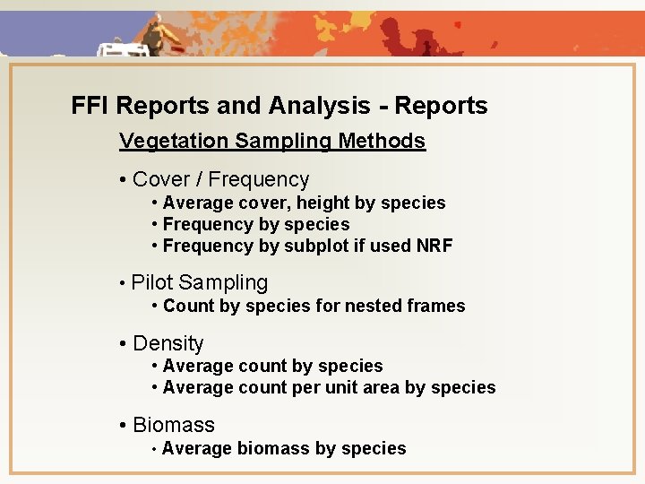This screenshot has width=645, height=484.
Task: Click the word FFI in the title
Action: [x=90, y=106]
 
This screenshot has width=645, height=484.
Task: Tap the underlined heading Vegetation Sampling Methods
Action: [x=272, y=141]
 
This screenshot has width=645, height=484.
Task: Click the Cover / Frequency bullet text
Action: [x=220, y=179]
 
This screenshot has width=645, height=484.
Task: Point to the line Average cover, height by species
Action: [x=304, y=203]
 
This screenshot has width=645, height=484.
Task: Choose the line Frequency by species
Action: [x=256, y=224]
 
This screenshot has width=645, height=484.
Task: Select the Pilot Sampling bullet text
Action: [x=199, y=283]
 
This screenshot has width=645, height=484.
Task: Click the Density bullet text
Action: [x=168, y=343]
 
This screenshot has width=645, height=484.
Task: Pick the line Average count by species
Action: [x=272, y=366]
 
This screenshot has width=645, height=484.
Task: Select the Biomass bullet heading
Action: [x=173, y=425]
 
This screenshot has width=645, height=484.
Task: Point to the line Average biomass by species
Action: [x=284, y=448]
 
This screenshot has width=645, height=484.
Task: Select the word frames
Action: [x=436, y=306]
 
